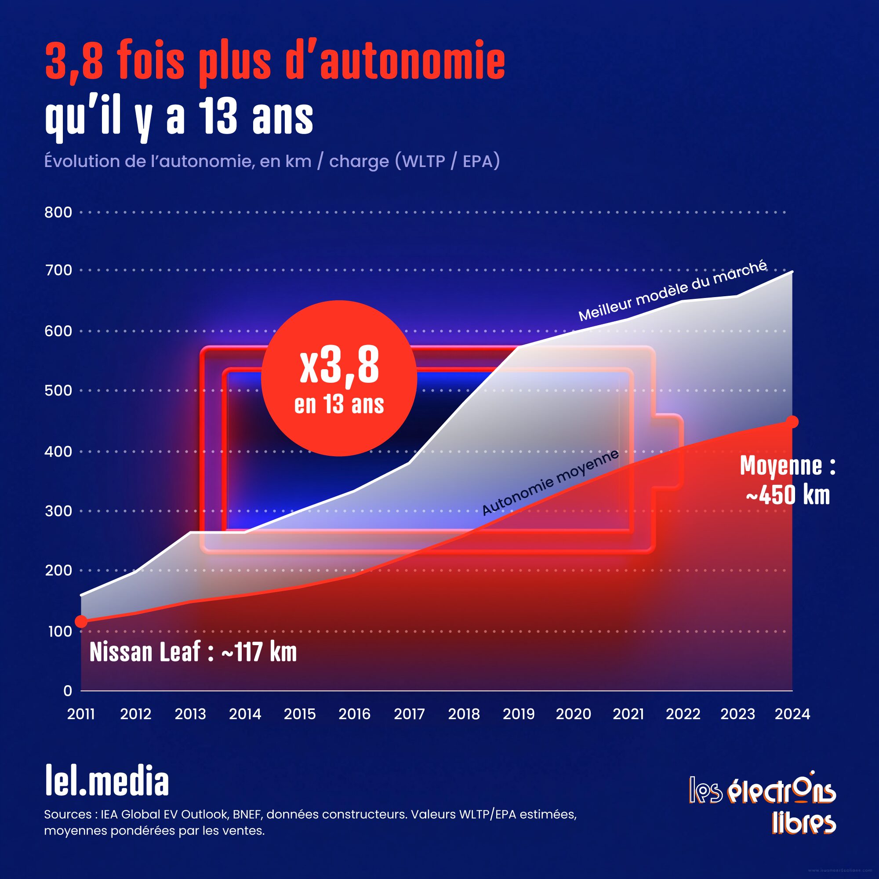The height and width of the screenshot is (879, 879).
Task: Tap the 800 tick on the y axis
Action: click(58, 212)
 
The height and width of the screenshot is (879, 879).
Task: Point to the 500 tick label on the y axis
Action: click(58, 390)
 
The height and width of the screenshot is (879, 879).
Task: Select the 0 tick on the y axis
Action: click(68, 690)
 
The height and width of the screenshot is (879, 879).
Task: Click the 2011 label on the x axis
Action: click(81, 714)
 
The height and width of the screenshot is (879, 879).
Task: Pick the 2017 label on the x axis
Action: click(409, 714)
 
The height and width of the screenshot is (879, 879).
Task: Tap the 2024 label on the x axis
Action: click(792, 714)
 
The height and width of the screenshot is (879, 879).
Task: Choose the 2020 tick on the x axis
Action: click(573, 714)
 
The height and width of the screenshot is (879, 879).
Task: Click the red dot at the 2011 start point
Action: click(81, 621)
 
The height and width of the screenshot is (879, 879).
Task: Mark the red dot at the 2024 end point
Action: click(792, 422)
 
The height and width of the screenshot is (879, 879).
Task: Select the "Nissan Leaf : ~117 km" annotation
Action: click(193, 652)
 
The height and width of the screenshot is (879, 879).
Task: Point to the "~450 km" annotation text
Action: click(788, 495)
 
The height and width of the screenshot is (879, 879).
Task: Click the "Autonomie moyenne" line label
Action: click(550, 482)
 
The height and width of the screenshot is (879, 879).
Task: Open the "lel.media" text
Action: click(107, 781)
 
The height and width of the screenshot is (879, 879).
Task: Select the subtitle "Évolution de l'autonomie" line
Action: click(272, 161)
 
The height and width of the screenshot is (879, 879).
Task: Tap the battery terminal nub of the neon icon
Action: click(668, 452)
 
